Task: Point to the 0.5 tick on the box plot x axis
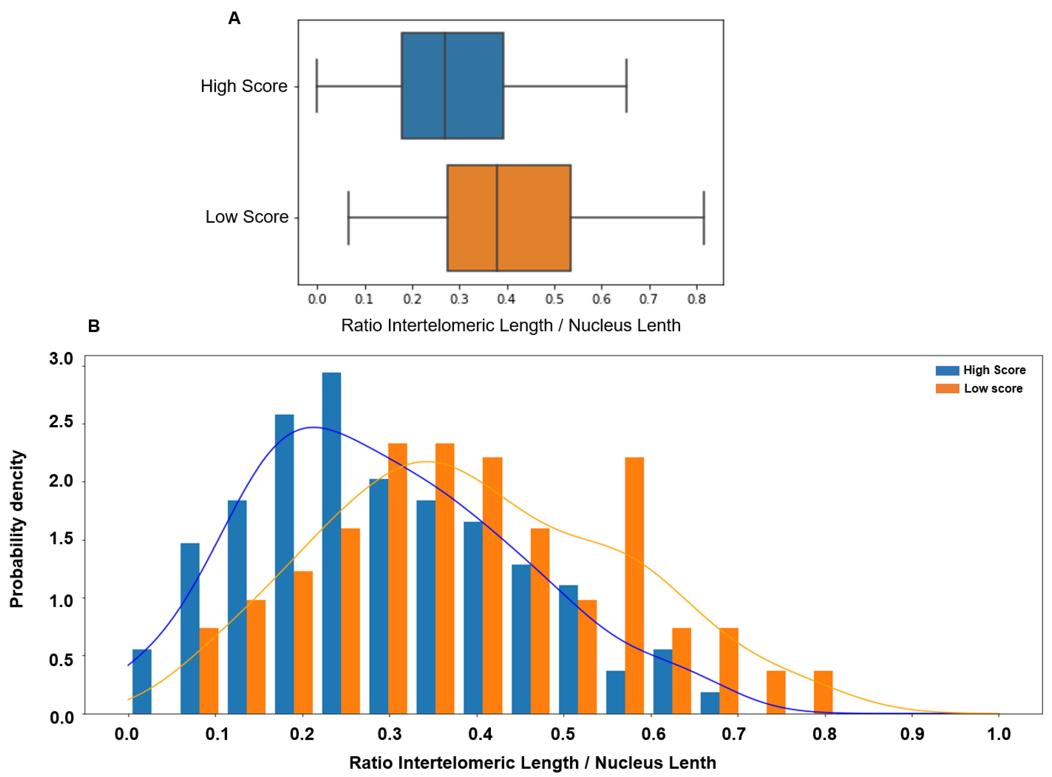click(x=554, y=299)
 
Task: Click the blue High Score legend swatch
click(x=947, y=371)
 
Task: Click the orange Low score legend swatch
click(x=947, y=388)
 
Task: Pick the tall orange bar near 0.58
click(x=634, y=585)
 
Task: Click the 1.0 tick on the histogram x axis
click(x=998, y=734)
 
